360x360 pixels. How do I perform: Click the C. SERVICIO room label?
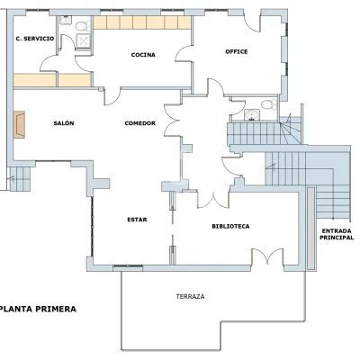pyautogui.click(x=35, y=39)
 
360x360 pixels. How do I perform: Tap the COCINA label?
pyautogui.click(x=143, y=55)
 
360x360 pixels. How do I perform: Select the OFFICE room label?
pyautogui.click(x=237, y=51)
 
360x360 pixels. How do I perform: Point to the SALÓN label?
pyautogui.click(x=64, y=123)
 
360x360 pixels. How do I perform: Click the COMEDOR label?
pyautogui.click(x=140, y=123)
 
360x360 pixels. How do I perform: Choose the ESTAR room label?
pyautogui.click(x=137, y=220)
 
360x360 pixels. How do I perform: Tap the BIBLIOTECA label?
pyautogui.click(x=230, y=226)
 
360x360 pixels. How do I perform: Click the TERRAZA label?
pyautogui.click(x=191, y=297)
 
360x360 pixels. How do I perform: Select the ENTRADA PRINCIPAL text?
pyautogui.click(x=337, y=234)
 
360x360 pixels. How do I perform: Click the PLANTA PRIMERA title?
pyautogui.click(x=38, y=309)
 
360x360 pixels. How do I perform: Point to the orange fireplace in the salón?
pyautogui.click(x=19, y=125)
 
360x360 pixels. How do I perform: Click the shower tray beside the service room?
pyautogui.click(x=83, y=40)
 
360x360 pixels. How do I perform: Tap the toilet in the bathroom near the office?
pyautogui.click(x=269, y=104)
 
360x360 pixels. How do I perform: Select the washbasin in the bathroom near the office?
pyautogui.click(x=252, y=115)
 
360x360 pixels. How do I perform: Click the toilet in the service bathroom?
pyautogui.click(x=83, y=26)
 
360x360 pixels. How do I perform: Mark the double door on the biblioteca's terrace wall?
pyautogui.click(x=267, y=256)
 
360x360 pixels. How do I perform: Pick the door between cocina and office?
pyautogui.click(x=184, y=53)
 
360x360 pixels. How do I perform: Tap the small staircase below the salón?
pyautogui.click(x=20, y=179)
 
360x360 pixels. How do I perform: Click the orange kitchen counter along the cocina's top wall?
pyautogui.click(x=142, y=22)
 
